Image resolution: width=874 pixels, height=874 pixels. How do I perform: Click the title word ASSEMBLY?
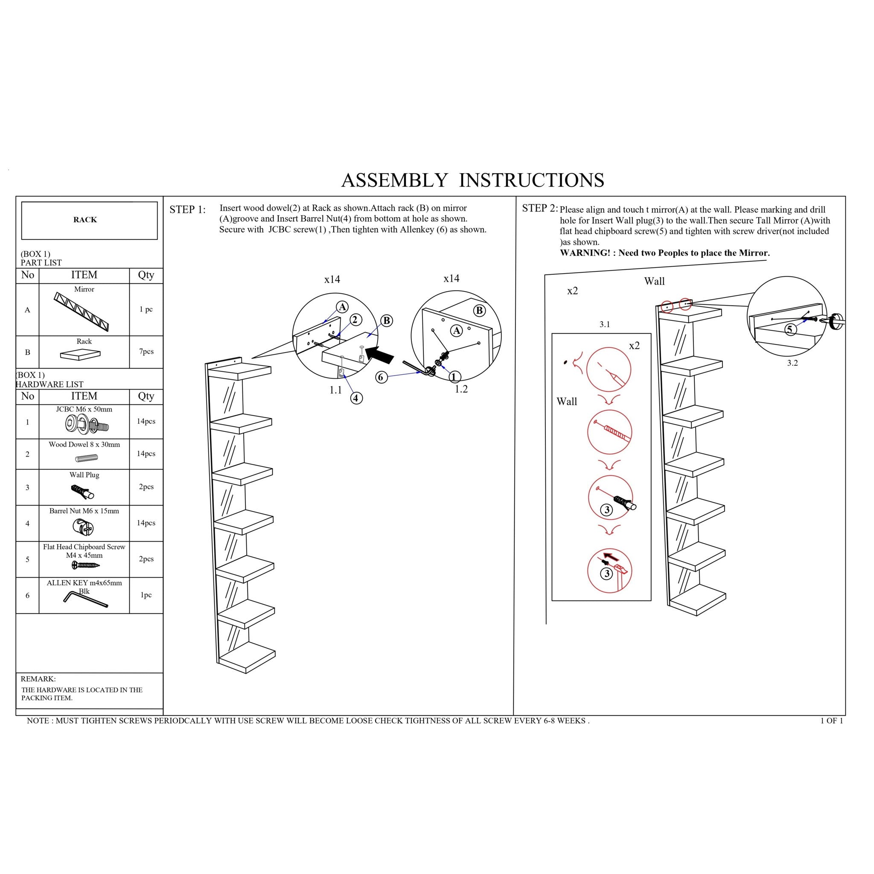point(394,180)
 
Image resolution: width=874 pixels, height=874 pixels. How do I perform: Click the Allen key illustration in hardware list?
point(85,600)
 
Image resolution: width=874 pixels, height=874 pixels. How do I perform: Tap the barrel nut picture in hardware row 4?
point(83,527)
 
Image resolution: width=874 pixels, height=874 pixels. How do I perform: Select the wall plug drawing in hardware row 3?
point(83,491)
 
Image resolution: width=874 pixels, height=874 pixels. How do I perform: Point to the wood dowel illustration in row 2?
point(86,458)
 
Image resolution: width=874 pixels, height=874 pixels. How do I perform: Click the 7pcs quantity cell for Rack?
point(146,352)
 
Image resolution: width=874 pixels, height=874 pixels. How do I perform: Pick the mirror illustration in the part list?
point(82,312)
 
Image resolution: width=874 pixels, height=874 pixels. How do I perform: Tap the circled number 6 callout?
point(382,377)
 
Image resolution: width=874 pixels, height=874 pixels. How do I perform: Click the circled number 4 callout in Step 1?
point(356,398)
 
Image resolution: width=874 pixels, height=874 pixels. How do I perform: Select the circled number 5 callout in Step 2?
point(790,329)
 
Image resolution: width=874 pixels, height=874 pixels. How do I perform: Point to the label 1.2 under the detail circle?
point(461,389)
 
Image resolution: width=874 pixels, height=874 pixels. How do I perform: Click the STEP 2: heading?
point(540,208)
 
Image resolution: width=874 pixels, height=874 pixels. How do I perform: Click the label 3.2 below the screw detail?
point(792,363)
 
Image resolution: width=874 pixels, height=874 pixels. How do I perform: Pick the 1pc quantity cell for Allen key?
point(146,595)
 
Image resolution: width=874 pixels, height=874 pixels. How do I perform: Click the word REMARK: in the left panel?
point(38,679)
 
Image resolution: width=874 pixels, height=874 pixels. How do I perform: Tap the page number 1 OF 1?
point(831,721)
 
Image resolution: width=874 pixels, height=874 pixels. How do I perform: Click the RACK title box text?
point(85,220)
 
